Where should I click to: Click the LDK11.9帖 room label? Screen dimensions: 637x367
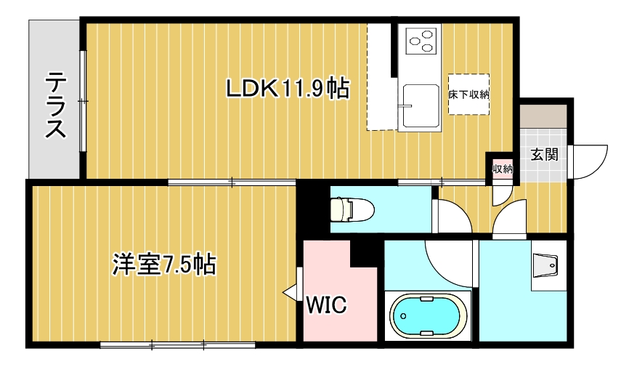click(287, 88)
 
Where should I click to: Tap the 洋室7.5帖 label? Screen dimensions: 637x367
click(163, 265)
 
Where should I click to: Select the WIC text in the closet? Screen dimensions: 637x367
click(326, 305)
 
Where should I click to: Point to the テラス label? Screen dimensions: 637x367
click(56, 105)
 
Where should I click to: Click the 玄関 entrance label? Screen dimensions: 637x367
click(544, 155)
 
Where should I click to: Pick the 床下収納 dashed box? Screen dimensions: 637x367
click(468, 94)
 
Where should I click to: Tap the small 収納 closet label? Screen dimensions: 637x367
click(503, 169)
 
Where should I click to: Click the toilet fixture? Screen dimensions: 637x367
click(352, 209)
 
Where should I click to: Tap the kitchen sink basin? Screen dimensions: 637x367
click(420, 105)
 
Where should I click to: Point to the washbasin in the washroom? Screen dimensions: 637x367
click(545, 266)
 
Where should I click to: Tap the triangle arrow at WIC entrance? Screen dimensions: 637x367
click(289, 292)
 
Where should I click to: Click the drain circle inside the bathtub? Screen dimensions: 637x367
click(403, 316)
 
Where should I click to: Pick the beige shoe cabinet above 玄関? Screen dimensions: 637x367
click(543, 116)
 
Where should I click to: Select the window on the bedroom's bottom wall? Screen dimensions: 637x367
click(177, 345)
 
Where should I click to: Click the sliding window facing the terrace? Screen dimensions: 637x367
click(83, 101)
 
